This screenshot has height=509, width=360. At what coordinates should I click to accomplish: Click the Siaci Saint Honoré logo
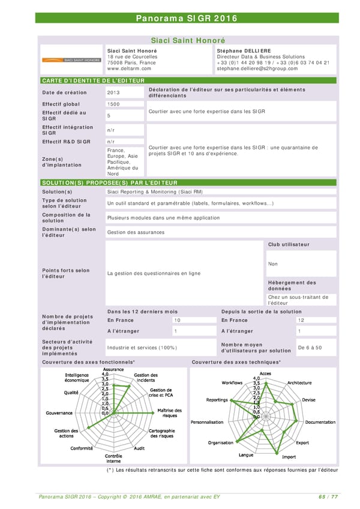[71, 60]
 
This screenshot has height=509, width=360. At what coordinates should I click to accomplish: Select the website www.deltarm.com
[129, 68]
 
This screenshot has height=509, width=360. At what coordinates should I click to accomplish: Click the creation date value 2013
[113, 92]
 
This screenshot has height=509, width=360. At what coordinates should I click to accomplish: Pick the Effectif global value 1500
[113, 104]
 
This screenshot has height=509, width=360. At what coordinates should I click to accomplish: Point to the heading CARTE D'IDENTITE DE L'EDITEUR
[93, 80]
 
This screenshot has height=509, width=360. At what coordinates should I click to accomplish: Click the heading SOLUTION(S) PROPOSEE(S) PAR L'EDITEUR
[109, 182]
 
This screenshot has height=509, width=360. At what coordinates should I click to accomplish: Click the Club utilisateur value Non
[273, 264]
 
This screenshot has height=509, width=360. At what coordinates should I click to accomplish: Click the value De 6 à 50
[310, 348]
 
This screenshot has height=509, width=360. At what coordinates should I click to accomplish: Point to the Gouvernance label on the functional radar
[59, 412]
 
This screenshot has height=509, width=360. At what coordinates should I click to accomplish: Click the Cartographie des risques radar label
[161, 433]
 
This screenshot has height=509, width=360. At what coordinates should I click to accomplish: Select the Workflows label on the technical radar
[232, 382]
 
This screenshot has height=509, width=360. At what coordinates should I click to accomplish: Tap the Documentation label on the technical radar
[320, 422]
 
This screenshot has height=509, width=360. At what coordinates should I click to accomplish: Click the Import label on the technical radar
[289, 457]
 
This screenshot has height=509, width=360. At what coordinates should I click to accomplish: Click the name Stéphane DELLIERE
[244, 51]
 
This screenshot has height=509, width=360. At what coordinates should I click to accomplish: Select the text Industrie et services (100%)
[142, 348]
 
